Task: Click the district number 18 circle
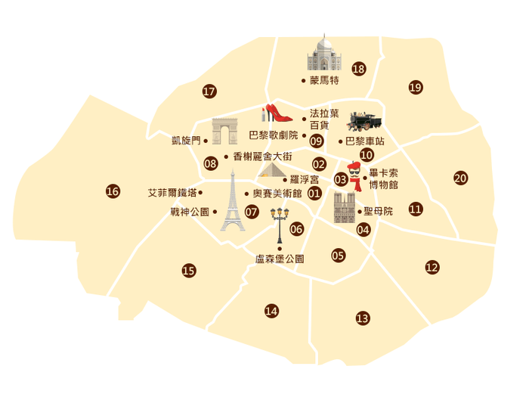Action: (x=358, y=70)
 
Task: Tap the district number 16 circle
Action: (x=113, y=191)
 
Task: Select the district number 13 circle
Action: (x=363, y=318)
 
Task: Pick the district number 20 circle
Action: (x=460, y=178)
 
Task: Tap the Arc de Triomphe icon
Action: (x=224, y=132)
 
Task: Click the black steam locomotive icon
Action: (x=364, y=121)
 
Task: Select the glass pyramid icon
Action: (x=271, y=169)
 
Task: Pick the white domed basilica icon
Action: (x=324, y=53)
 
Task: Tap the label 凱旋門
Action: (x=186, y=140)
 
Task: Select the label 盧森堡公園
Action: (x=280, y=259)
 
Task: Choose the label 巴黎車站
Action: (x=364, y=141)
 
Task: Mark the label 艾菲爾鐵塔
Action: (x=172, y=193)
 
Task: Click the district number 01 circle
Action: (x=314, y=194)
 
